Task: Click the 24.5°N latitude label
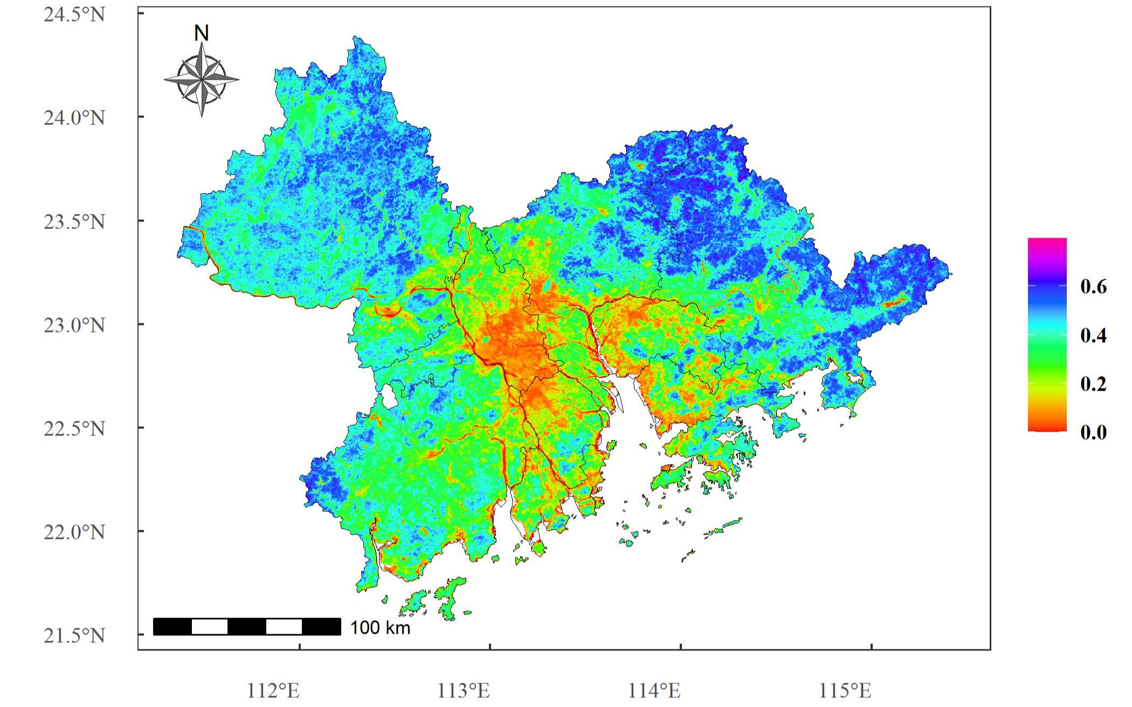click(74, 15)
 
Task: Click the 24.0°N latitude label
click(74, 117)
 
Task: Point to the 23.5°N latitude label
click(74, 221)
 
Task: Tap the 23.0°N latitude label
click(74, 325)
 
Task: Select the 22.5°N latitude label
click(74, 428)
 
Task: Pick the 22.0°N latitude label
click(74, 532)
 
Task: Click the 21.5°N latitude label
click(74, 635)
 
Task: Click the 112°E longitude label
click(273, 690)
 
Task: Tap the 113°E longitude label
click(463, 690)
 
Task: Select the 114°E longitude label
click(654, 690)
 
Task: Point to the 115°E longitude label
click(845, 690)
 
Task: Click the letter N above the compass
click(201, 34)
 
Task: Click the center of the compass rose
click(202, 80)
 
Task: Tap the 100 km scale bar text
click(380, 627)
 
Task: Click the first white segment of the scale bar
click(210, 627)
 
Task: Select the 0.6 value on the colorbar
click(1093, 287)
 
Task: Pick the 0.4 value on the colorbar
click(1093, 335)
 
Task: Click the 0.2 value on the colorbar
click(1093, 384)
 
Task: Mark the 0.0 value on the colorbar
click(1093, 432)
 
